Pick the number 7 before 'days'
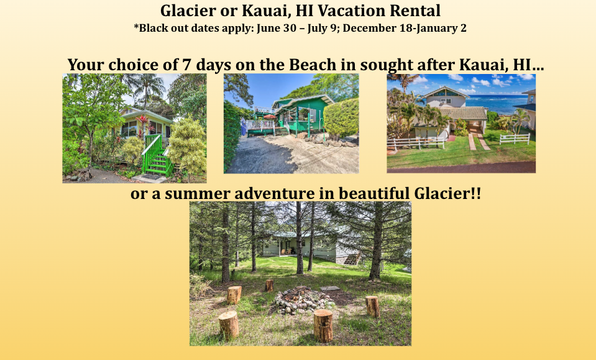coord(186,65)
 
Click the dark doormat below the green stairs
coord(151,177)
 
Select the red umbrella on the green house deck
coord(270,117)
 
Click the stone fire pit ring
coord(302,300)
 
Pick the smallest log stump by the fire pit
coord(270,285)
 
